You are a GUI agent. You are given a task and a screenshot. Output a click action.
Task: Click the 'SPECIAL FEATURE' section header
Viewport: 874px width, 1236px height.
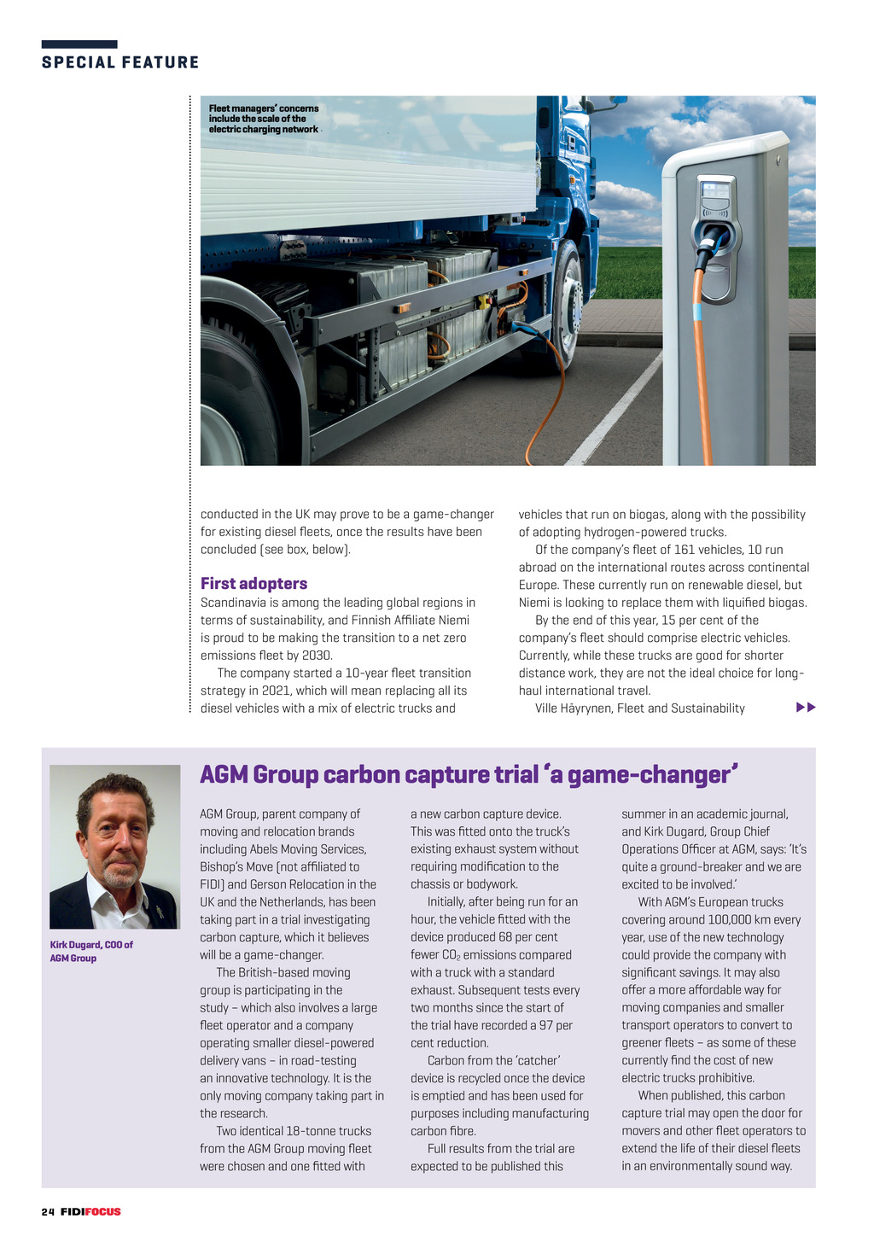(120, 62)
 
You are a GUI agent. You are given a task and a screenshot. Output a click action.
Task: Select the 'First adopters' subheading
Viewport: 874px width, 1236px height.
(253, 584)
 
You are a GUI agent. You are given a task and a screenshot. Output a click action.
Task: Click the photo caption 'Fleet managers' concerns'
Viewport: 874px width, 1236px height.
(264, 119)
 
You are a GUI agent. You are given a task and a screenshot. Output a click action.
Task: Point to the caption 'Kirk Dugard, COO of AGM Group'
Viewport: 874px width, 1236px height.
(90, 951)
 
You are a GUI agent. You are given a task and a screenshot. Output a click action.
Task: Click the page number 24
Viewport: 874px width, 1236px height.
(48, 1211)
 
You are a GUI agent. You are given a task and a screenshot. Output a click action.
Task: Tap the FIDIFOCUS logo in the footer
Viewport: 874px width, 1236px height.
(90, 1211)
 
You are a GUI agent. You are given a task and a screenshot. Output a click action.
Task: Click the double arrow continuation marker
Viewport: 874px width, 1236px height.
(805, 708)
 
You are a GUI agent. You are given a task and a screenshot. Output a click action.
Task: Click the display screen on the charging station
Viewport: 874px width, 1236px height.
(715, 189)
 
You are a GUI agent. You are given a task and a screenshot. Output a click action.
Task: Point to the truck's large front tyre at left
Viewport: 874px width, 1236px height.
(235, 393)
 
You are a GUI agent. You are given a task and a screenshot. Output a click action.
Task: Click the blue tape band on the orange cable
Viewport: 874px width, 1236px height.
(696, 311)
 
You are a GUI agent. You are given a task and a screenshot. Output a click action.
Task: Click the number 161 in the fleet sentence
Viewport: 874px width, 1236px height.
(685, 550)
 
